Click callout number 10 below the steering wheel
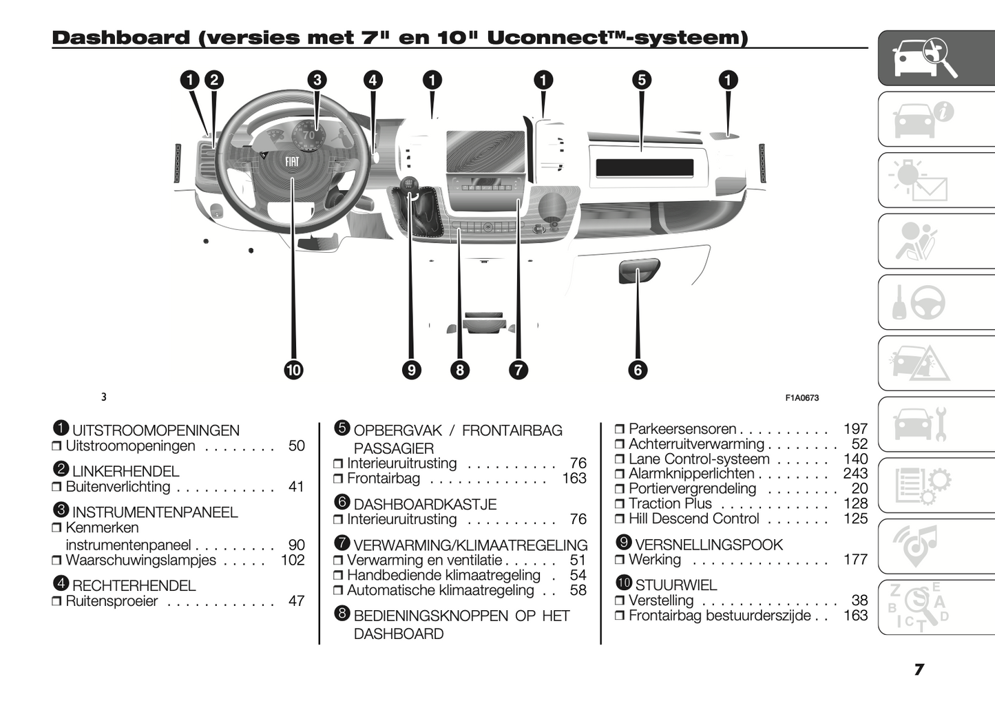(x=294, y=370)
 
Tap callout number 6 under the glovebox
(x=638, y=370)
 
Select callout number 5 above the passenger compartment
(x=642, y=80)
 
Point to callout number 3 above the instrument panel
(x=317, y=80)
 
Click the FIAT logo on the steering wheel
(x=293, y=162)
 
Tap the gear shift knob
(x=410, y=185)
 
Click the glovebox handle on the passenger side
(x=639, y=270)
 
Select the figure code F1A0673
(x=802, y=397)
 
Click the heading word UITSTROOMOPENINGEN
(x=156, y=431)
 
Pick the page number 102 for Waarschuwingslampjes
(x=293, y=560)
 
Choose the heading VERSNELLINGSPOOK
(x=709, y=545)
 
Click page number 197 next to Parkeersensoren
(x=855, y=429)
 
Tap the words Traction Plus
(x=670, y=503)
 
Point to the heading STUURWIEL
(x=675, y=585)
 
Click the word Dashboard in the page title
(x=121, y=38)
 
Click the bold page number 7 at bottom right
(x=919, y=669)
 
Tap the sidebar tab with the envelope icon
(x=935, y=180)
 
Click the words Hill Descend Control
(x=693, y=519)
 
